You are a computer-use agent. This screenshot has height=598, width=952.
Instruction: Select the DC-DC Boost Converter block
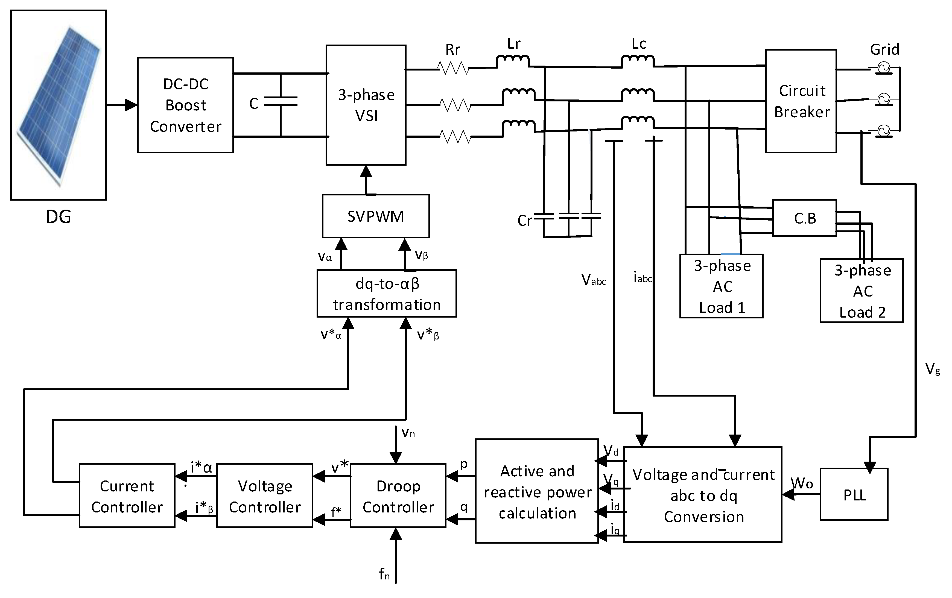(x=185, y=105)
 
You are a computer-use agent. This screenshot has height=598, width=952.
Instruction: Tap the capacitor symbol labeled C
(x=281, y=102)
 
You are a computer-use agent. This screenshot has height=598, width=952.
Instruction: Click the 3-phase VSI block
(x=366, y=105)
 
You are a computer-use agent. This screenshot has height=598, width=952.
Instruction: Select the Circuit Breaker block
(x=801, y=101)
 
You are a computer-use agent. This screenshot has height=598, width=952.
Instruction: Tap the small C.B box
(x=805, y=218)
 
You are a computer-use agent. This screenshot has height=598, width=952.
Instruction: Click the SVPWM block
(x=376, y=216)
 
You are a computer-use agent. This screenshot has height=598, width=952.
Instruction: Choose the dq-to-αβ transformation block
(x=387, y=294)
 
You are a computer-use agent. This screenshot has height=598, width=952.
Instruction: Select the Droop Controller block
(x=398, y=496)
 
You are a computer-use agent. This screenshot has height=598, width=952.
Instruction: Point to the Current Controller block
(x=127, y=496)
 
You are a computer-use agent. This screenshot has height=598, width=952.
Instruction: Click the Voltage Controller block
(x=265, y=496)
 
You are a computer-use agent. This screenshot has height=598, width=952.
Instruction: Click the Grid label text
(x=885, y=50)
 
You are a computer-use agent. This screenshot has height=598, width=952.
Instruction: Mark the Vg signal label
(x=933, y=369)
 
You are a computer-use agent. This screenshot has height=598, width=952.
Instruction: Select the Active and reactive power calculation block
(x=537, y=491)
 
